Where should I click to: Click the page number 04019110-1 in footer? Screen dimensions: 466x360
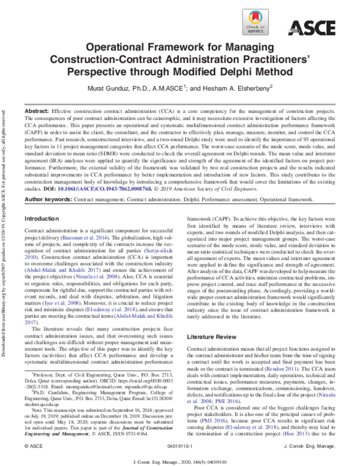click(x=180, y=448)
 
